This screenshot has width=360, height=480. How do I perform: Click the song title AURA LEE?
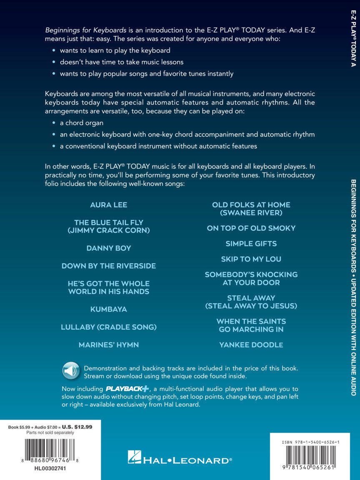(109, 205)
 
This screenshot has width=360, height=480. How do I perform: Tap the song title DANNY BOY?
(109, 248)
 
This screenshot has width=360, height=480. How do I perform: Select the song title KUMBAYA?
(109, 310)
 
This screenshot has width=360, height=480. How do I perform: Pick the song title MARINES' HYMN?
(109, 345)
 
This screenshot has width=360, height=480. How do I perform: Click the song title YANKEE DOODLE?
(251, 345)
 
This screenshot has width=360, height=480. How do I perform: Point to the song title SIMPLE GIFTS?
(251, 244)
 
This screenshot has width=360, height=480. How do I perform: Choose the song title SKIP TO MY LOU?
(251, 259)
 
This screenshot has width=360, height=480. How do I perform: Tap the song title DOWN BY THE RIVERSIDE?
(109, 266)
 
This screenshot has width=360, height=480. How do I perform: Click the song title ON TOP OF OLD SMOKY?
(251, 228)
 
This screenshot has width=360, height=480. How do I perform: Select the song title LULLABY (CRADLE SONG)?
(109, 327)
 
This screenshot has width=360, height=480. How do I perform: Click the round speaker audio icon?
(71, 370)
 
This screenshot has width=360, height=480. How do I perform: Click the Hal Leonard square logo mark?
(134, 457)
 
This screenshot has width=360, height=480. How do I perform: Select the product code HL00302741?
(50, 469)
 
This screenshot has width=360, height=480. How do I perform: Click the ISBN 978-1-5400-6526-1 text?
(310, 442)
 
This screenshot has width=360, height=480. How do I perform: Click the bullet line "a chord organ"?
(81, 123)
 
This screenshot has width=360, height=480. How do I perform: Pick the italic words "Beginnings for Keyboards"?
(80, 30)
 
